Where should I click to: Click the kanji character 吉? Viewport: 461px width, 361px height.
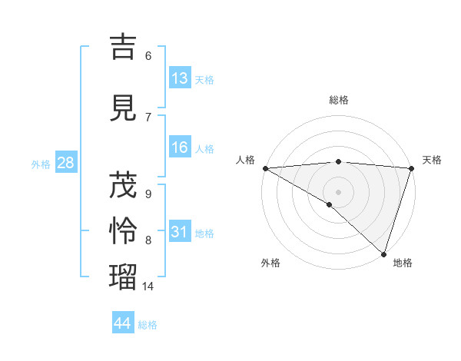tap(124, 48)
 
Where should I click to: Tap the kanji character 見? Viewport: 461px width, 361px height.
tap(124, 108)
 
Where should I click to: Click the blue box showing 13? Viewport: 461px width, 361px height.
tap(180, 78)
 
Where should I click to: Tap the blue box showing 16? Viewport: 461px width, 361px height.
tap(180, 147)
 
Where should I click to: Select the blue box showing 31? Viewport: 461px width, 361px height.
tap(180, 232)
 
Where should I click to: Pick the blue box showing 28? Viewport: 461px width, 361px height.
tap(65, 163)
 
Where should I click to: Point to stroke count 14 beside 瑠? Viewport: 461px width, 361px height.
tap(148, 286)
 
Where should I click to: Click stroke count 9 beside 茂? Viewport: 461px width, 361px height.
tap(148, 194)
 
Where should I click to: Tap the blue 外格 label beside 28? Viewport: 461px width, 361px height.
tap(41, 164)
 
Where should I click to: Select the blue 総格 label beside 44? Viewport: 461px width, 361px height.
tap(148, 325)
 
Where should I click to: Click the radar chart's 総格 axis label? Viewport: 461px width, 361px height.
tap(339, 100)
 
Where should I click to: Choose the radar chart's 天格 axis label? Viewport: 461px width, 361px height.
tap(432, 160)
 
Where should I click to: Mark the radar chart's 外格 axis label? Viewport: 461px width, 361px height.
tap(270, 263)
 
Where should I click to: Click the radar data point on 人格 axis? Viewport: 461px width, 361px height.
tap(265, 168)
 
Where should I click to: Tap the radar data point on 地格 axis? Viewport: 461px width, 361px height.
tap(383, 253)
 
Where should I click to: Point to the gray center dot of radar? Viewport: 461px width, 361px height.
tap(338, 192)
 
